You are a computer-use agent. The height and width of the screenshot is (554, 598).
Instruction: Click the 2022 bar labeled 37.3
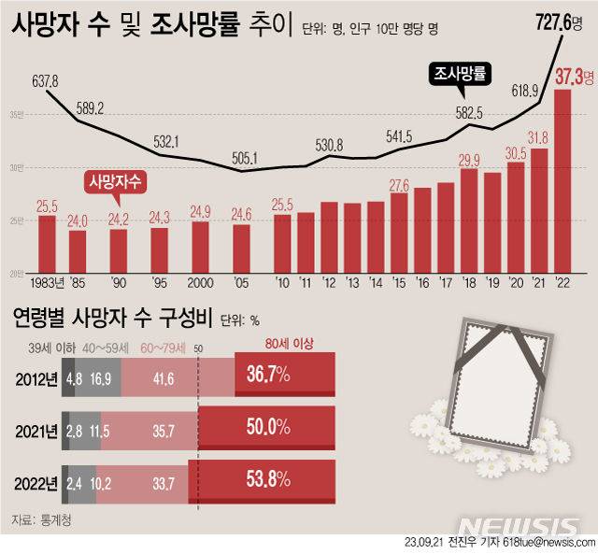562,182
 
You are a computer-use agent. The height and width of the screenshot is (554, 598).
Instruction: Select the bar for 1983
46,245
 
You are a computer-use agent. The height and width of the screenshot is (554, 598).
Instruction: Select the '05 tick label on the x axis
242,282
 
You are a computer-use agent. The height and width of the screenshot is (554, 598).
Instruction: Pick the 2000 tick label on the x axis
201,282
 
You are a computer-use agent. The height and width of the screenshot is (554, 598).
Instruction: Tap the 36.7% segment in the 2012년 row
266,376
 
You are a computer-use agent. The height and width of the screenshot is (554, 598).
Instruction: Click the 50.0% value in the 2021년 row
266,430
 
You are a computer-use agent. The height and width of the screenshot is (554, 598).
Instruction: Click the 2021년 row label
35,430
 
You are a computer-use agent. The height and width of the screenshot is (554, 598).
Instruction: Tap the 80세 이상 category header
285,344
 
